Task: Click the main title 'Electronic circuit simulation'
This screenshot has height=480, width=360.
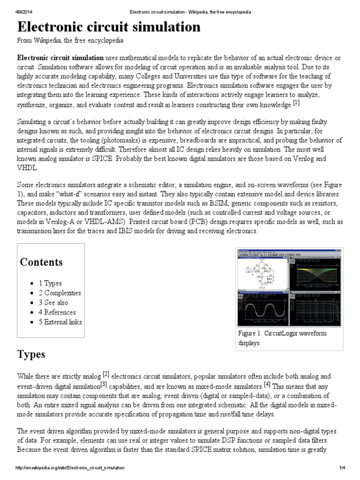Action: tap(109, 27)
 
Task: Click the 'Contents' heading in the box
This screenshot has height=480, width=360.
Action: tap(41, 262)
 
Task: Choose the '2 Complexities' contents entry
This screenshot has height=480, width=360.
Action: tap(60, 293)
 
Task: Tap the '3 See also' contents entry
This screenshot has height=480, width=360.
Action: tap(53, 303)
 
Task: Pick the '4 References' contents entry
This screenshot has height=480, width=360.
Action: tap(57, 312)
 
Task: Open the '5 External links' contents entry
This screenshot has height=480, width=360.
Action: tap(60, 322)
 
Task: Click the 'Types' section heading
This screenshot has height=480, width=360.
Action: tap(31, 354)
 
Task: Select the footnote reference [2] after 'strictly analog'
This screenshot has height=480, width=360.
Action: tap(106, 374)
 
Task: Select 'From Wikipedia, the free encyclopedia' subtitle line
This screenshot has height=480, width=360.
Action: tap(70, 41)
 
